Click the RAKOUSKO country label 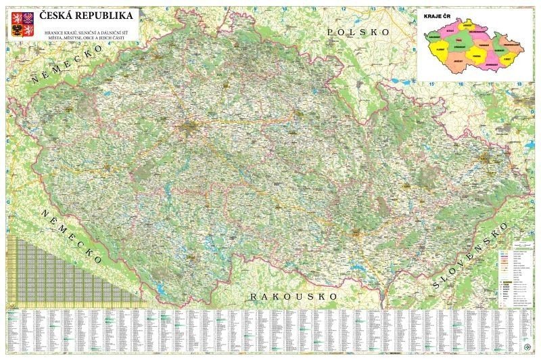pos(293,296)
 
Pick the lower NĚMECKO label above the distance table pos(72,237)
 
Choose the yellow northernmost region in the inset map pos(468,26)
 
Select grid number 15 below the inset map pos(431,84)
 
